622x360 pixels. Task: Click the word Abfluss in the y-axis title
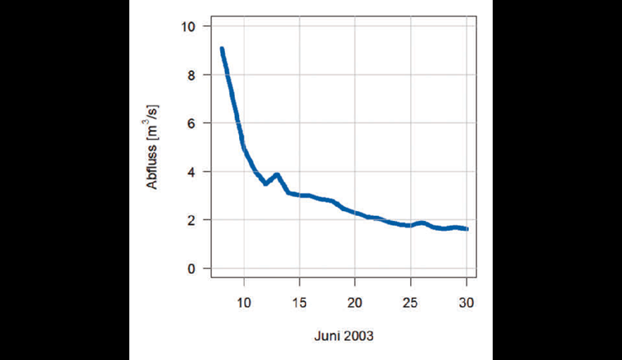click(x=153, y=169)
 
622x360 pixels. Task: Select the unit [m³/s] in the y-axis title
click(x=153, y=124)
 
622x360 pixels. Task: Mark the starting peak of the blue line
click(x=222, y=49)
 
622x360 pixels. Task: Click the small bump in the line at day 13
click(x=277, y=174)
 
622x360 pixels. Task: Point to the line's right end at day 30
click(x=466, y=229)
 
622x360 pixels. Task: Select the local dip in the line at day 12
click(x=266, y=183)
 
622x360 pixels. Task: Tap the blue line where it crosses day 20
click(x=355, y=213)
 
